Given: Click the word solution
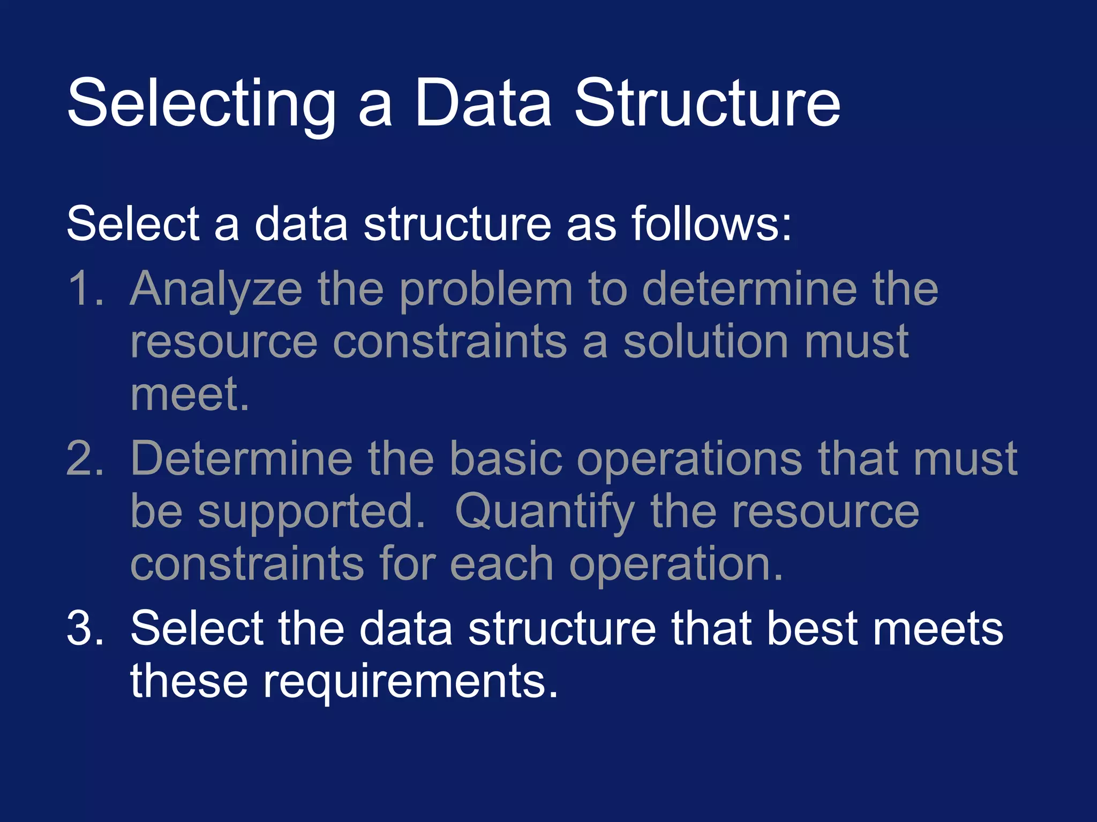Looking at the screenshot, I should tap(707, 341).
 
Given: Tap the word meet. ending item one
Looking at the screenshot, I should tap(190, 394).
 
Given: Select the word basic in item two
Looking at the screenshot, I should tap(506, 459).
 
